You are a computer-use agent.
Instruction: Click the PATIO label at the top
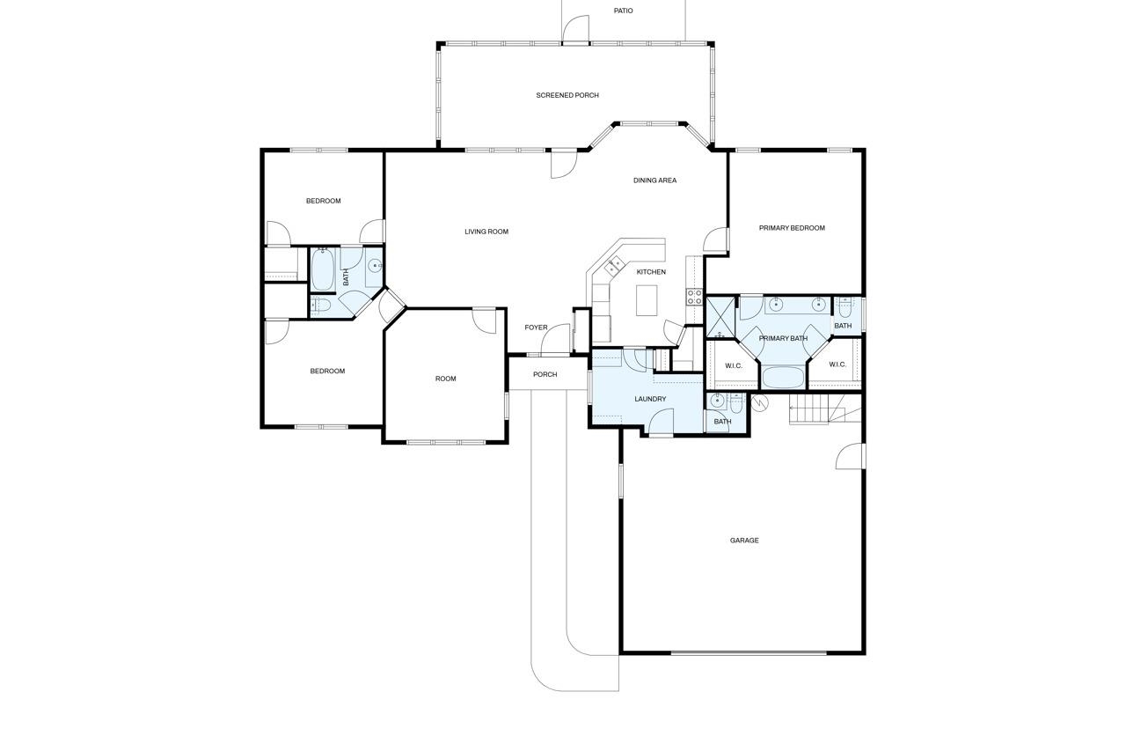[x=623, y=11]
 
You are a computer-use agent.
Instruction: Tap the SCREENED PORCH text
[x=567, y=95]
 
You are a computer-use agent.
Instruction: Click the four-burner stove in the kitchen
[x=695, y=296]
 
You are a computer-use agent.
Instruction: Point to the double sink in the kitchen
[x=614, y=263]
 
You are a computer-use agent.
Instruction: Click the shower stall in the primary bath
[x=720, y=318]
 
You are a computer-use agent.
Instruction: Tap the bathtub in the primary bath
[x=783, y=378]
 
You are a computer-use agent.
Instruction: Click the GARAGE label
[x=744, y=541]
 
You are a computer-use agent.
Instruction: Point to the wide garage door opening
[x=749, y=652]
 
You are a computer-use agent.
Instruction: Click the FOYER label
[x=536, y=328]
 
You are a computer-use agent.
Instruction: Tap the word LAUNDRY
[x=650, y=399]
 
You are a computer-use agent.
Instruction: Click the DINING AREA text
[x=654, y=180]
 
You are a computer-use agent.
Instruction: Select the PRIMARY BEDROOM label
[x=792, y=228]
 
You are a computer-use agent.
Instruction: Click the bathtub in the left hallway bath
[x=322, y=269]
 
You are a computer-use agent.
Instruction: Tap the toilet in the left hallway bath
[x=320, y=306]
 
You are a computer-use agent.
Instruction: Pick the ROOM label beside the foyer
[x=446, y=379]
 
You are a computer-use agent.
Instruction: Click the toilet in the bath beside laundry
[x=735, y=403]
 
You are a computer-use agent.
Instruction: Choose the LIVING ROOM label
[x=486, y=232]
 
